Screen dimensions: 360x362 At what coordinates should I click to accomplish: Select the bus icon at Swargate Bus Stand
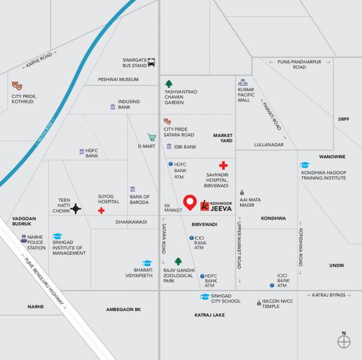coord(151,62)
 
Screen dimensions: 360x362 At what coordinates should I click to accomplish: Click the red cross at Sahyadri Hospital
coord(223,165)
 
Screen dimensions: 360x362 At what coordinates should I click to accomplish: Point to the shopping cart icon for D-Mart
coord(152,137)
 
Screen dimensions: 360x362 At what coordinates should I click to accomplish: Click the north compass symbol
coord(344,341)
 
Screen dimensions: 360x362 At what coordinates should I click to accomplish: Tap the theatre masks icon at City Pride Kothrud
coord(17,86)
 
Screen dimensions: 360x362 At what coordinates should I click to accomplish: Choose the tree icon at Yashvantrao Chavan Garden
coord(170,83)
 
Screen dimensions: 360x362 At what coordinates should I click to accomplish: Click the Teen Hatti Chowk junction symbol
coord(75,209)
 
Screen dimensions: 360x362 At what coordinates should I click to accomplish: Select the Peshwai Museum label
coord(118,79)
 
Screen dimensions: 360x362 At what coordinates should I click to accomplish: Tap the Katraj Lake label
coord(209,315)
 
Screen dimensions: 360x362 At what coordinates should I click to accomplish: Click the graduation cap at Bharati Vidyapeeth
coord(147,264)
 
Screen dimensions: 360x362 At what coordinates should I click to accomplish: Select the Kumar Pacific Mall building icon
coord(243,82)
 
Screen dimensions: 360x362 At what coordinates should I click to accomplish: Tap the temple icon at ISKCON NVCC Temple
coord(257,301)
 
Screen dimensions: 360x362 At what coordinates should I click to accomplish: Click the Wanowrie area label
coord(332,156)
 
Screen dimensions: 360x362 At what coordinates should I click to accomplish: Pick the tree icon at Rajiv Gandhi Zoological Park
coord(178,261)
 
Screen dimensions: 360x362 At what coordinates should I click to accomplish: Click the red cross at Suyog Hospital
coord(101,210)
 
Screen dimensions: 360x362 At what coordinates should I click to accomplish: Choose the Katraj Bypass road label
coord(329,295)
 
